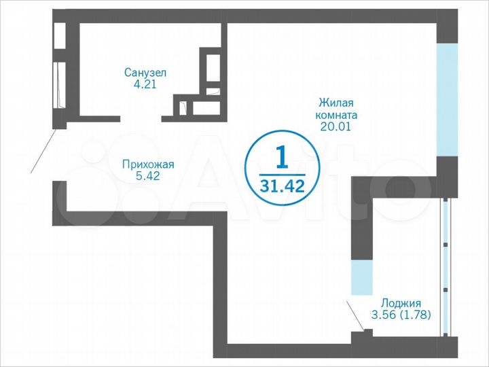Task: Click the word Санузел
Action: [145, 72]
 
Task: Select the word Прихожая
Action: [148, 164]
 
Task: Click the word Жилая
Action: [336, 103]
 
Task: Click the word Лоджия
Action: [401, 303]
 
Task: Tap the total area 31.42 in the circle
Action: [282, 185]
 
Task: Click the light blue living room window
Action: [446, 99]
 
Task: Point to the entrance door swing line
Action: [44, 151]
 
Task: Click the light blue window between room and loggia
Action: [361, 277]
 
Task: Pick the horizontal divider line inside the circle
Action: [282, 172]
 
